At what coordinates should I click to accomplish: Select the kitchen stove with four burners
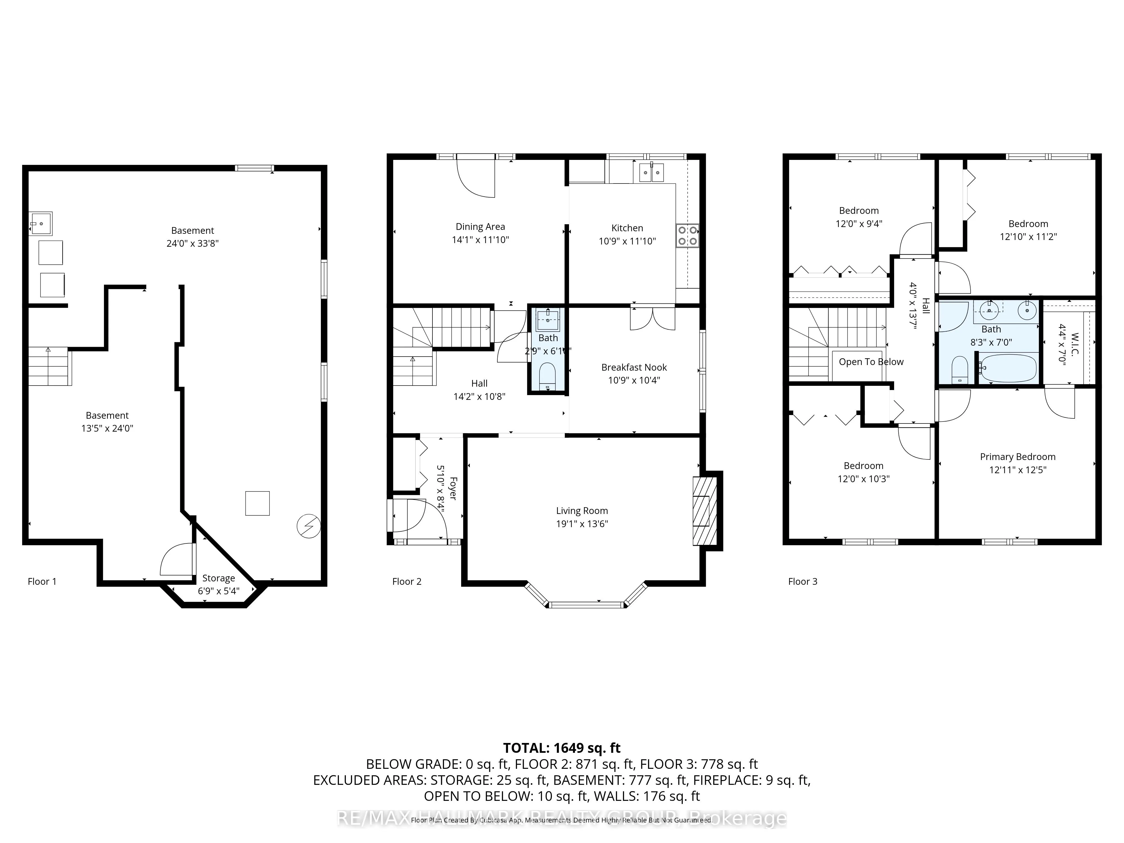(x=687, y=236)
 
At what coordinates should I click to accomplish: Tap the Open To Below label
(x=871, y=362)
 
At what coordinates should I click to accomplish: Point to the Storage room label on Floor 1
(x=219, y=578)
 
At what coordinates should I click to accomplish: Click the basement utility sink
(x=41, y=224)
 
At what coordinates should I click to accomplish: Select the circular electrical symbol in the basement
(x=309, y=526)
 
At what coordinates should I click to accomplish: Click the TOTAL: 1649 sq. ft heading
(x=561, y=748)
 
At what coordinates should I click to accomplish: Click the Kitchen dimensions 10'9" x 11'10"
(x=627, y=241)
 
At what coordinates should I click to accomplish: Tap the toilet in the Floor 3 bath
(x=959, y=370)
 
